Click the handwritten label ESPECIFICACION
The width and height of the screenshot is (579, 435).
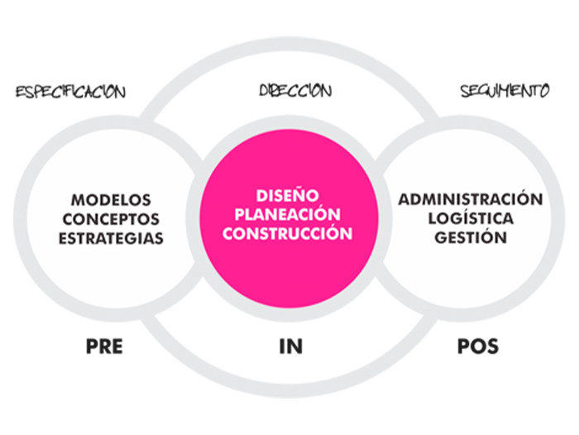70,90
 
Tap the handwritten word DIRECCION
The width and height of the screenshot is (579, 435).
295,89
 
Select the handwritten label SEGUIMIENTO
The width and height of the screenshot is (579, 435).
505,91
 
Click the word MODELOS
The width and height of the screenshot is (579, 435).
112,200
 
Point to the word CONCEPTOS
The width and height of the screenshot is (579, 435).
111,219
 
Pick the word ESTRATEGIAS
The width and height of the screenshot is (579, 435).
111,238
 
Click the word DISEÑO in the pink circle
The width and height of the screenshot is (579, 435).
287,196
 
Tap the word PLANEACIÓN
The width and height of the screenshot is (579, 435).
287,214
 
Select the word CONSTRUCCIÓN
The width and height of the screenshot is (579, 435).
287,233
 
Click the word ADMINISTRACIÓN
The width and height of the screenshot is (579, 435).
470,199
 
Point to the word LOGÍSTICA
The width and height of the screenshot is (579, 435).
470,218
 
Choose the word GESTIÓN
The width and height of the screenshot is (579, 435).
470,237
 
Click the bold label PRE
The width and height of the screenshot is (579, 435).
103,346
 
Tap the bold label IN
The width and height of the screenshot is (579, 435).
289,346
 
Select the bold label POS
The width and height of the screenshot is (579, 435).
477,346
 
